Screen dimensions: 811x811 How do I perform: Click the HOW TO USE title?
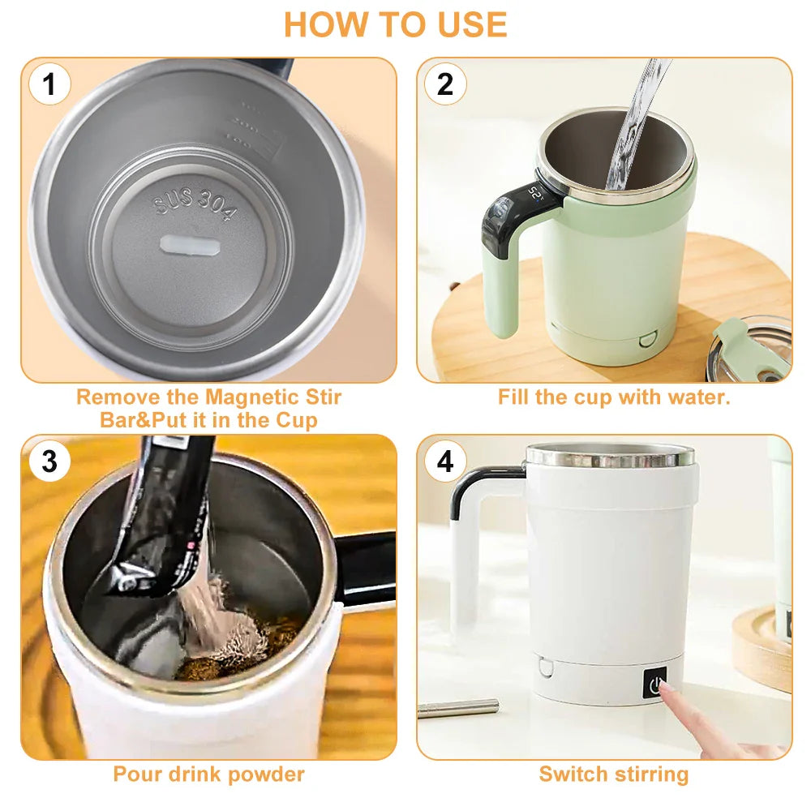click(395, 24)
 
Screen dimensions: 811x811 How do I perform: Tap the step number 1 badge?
click(49, 84)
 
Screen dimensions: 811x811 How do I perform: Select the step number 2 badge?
click(445, 84)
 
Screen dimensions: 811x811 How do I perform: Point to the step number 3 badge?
click(49, 461)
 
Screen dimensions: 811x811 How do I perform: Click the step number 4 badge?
click(445, 461)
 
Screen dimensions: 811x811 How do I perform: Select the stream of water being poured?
click(633, 130)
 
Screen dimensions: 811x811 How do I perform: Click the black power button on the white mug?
click(656, 683)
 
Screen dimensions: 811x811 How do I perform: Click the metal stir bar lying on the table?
click(458, 707)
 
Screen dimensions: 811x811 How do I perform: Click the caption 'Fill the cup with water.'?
click(614, 397)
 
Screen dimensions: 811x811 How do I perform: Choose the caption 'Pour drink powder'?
click(208, 774)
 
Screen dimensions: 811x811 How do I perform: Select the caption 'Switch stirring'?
click(614, 774)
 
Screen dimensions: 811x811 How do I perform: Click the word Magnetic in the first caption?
click(253, 397)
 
